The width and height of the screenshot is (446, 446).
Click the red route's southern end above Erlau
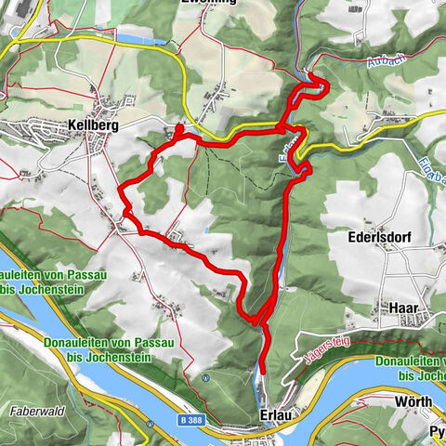tap(261, 370)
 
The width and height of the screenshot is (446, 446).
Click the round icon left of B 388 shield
tap(149, 424)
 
